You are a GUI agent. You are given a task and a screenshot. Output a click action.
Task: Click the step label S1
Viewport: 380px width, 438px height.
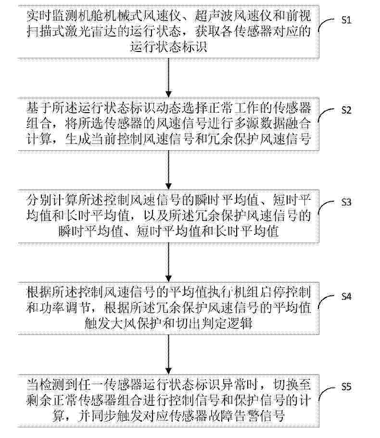[360, 20]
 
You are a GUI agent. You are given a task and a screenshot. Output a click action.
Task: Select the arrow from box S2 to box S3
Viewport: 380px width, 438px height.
[168, 169]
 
